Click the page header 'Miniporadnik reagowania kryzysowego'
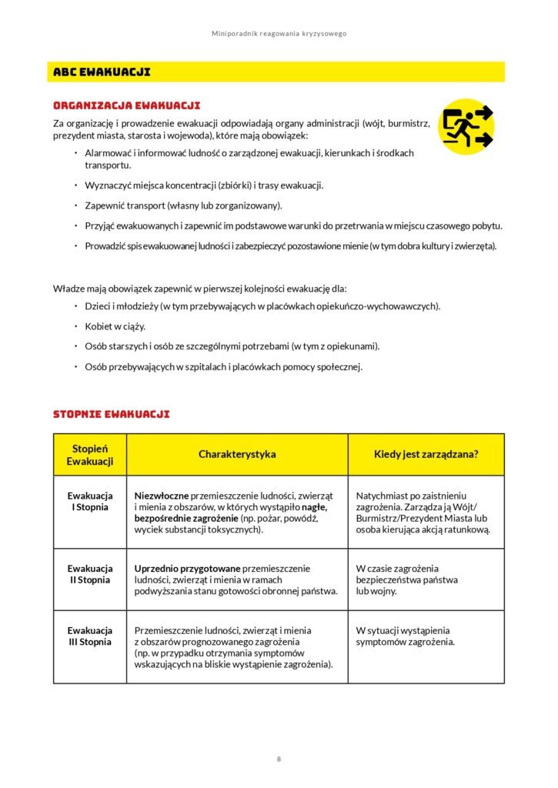pos(279,34)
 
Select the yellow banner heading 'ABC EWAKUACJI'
pos(102,72)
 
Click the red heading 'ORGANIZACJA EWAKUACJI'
pos(126,105)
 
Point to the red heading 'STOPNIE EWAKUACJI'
pos(111,414)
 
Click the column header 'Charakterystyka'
pos(237,454)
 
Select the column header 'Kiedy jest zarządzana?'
pos(426,454)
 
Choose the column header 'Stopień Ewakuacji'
pos(89,455)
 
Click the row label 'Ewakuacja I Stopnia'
pos(89,501)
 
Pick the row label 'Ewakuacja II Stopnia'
pos(89,574)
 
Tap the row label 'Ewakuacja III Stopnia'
pos(89,636)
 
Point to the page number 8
pos(279,760)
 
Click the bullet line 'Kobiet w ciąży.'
pos(115,326)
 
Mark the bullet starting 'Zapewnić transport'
pos(183,205)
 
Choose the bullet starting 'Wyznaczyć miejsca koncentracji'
pos(204,185)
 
